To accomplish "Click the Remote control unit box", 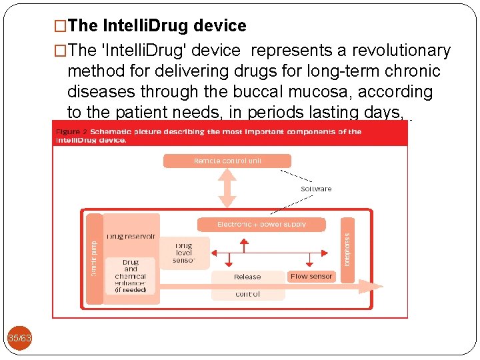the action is pyautogui.click(x=227, y=161).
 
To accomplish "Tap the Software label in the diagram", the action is pyautogui.click(x=316, y=189).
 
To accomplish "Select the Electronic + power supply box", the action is pyautogui.click(x=261, y=225).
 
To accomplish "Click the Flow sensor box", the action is pyautogui.click(x=311, y=276).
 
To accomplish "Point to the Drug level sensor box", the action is pyautogui.click(x=184, y=253).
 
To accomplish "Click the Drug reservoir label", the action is pyautogui.click(x=131, y=236).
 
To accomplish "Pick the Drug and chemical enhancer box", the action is pyautogui.click(x=131, y=275).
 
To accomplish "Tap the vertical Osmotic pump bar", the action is pyautogui.click(x=94, y=258).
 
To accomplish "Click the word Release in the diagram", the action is pyautogui.click(x=247, y=277).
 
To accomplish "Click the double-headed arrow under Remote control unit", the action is pyautogui.click(x=227, y=187).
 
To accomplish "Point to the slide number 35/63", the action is pyautogui.click(x=19, y=339).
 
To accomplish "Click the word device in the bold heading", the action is pyautogui.click(x=220, y=26).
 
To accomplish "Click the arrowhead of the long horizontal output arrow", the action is pyautogui.click(x=365, y=287).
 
